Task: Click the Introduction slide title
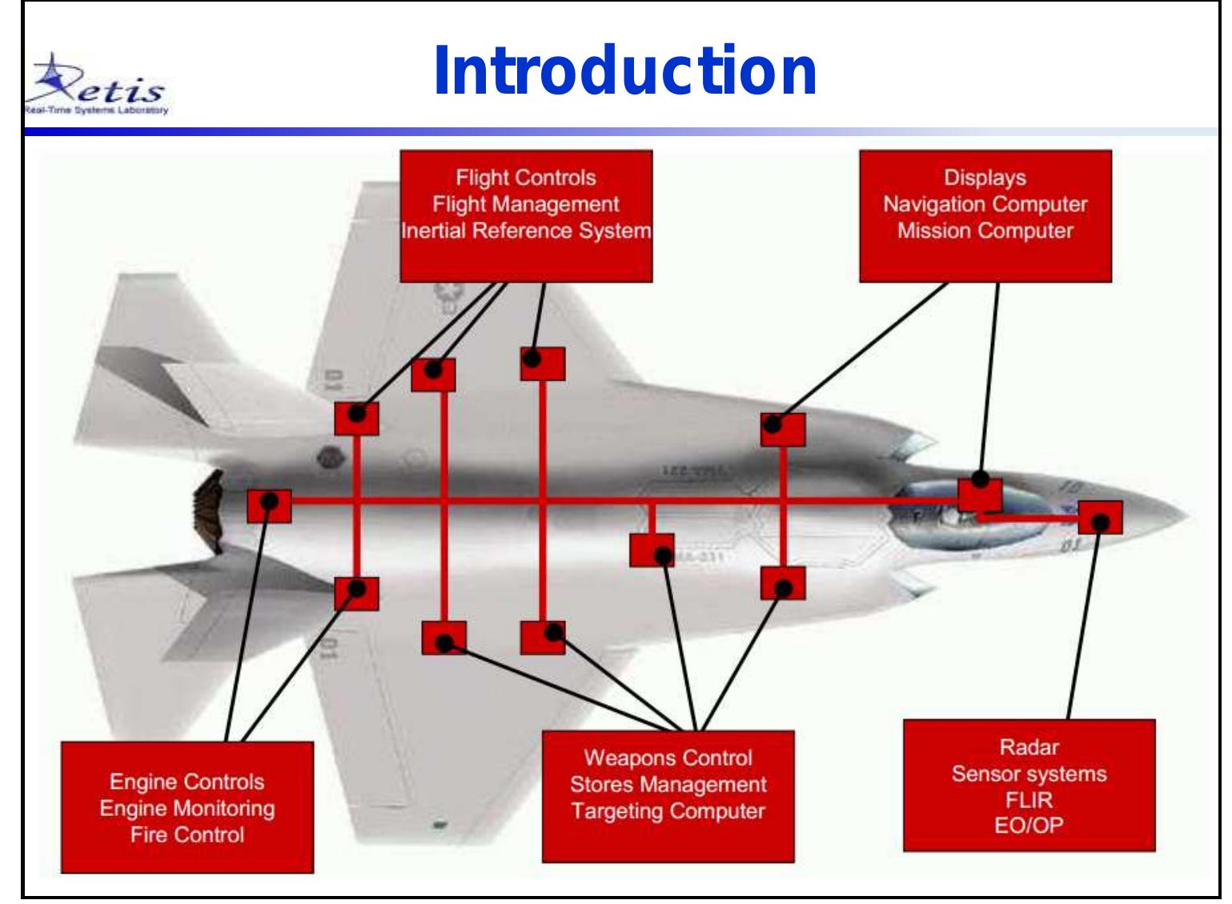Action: [x=624, y=72]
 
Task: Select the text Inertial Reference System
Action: [x=526, y=231]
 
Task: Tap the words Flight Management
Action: [x=526, y=205]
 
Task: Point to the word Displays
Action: [x=985, y=178]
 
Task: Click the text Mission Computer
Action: [x=985, y=231]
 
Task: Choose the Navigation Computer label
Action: [x=985, y=205]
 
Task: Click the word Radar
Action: [x=1029, y=748]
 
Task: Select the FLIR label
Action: [x=1029, y=800]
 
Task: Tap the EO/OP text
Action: [x=1029, y=826]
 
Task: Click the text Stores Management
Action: [x=668, y=785]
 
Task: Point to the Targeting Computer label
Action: [x=668, y=811]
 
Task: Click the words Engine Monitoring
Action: [x=187, y=809]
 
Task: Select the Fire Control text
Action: [x=187, y=835]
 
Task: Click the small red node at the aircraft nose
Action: [x=1100, y=518]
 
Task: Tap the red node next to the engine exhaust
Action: [x=269, y=506]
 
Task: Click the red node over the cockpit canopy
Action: [x=980, y=493]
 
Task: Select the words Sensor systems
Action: [x=1029, y=774]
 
